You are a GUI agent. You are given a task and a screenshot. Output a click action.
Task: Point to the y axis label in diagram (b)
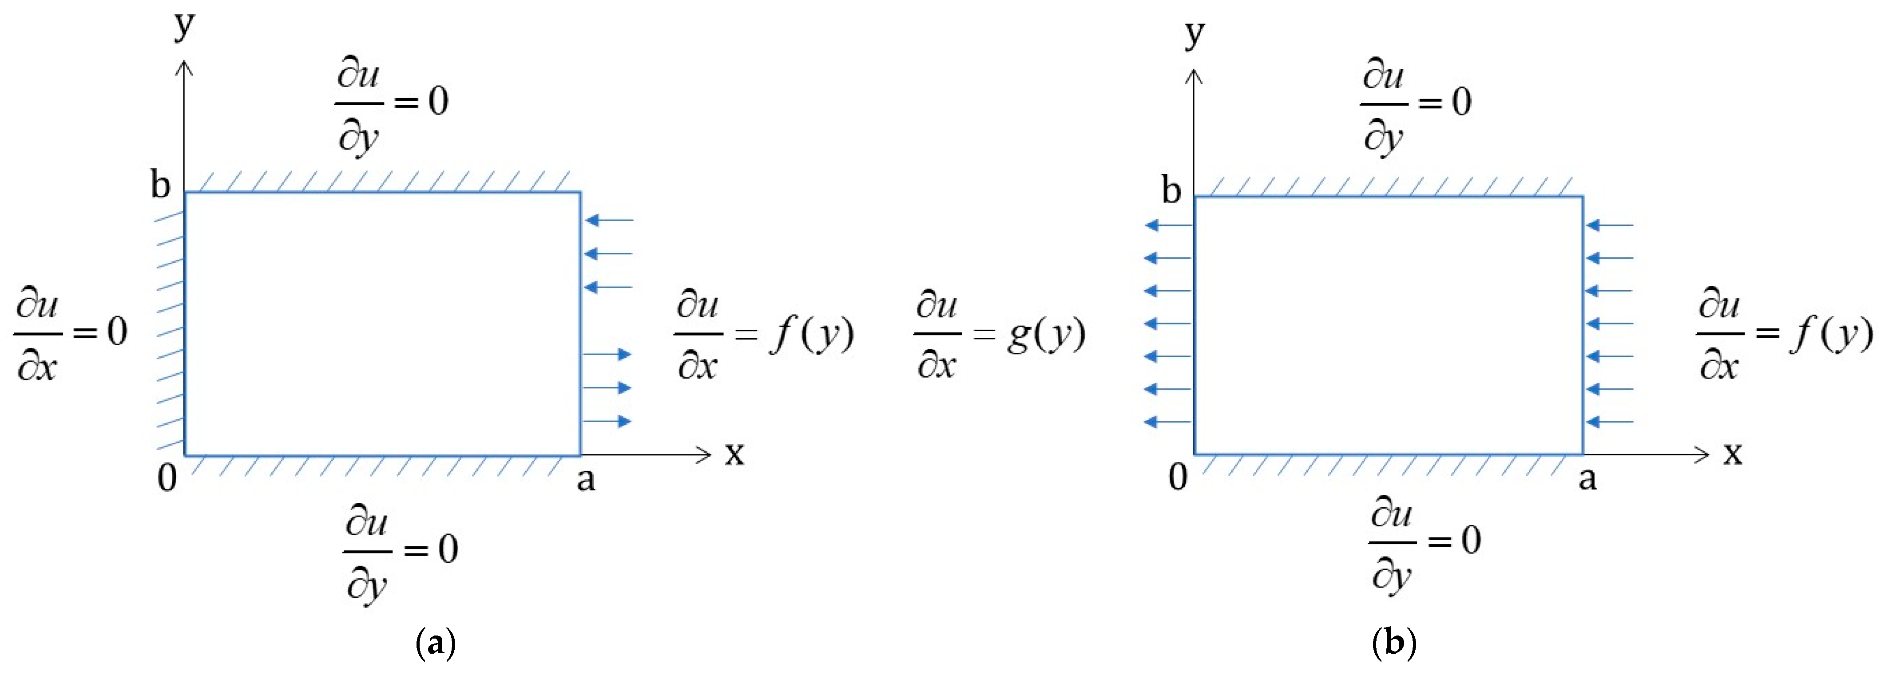click(x=1194, y=33)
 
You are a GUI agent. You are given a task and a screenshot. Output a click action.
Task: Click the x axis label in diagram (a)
click(x=734, y=454)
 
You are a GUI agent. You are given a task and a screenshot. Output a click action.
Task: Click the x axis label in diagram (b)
click(x=1733, y=454)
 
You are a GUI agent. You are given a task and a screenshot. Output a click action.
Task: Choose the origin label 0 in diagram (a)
click(x=167, y=479)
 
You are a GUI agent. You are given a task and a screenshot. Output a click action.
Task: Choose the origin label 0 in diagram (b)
click(x=1178, y=477)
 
